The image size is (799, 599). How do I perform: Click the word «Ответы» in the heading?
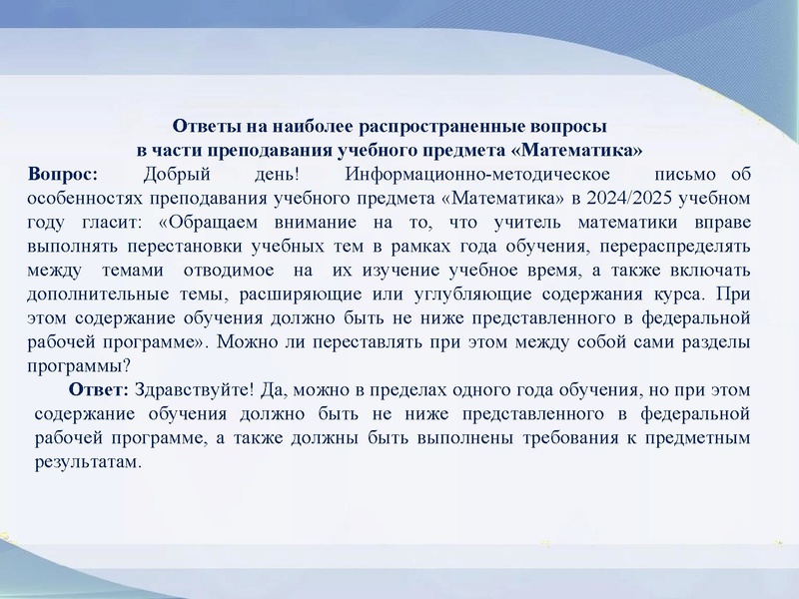(x=202, y=128)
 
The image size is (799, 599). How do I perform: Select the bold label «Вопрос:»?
(x=64, y=175)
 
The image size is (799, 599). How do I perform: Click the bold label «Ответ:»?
(x=99, y=388)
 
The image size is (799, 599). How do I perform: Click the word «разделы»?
(x=715, y=342)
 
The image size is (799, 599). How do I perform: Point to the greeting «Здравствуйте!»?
(x=191, y=388)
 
